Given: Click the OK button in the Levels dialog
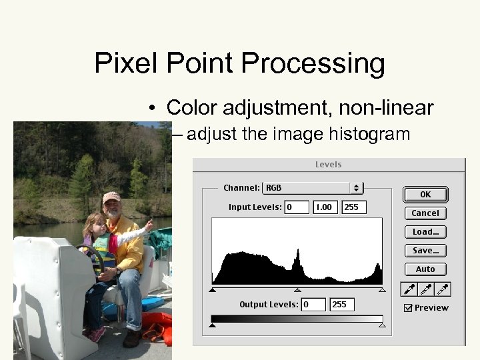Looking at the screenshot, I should [x=425, y=195].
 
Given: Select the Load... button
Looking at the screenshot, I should [x=425, y=232].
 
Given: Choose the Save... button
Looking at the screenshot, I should [x=425, y=251].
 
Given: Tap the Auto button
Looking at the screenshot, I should [x=425, y=269].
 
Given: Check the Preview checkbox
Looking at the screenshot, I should [x=409, y=308].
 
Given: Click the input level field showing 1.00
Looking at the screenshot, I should [x=325, y=207].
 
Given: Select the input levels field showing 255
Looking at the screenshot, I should [x=354, y=207].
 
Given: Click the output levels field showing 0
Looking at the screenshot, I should [x=313, y=305].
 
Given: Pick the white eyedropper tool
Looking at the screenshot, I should [x=443, y=289].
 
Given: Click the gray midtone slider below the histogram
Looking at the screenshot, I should [x=297, y=290].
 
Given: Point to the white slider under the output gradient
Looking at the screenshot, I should [x=382, y=325].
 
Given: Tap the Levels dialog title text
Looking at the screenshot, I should [x=328, y=165].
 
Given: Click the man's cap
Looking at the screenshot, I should [x=111, y=197].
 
